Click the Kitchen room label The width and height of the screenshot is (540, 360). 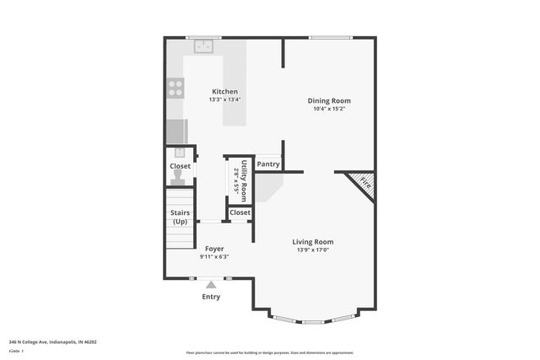pos(224,91)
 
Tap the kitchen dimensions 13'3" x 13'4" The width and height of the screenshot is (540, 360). pos(224,99)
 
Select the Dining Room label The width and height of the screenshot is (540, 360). pos(329,100)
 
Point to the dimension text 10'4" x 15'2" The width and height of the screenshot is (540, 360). pos(329,109)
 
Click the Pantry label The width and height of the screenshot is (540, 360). pos(268,164)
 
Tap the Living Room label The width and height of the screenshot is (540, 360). pos(313,242)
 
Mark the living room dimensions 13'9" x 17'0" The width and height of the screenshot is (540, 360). pos(313,250)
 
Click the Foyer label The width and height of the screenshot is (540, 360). pos(214,249)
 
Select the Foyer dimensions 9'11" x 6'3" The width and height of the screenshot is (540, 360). pos(214,257)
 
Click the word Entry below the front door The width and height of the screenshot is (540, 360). pos(211,297)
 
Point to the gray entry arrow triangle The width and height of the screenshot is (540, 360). pos(211,285)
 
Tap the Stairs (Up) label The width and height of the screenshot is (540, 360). pos(180,217)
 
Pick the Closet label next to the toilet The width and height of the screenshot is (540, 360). pos(180,166)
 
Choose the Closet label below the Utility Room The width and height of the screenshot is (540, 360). pos(240,213)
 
